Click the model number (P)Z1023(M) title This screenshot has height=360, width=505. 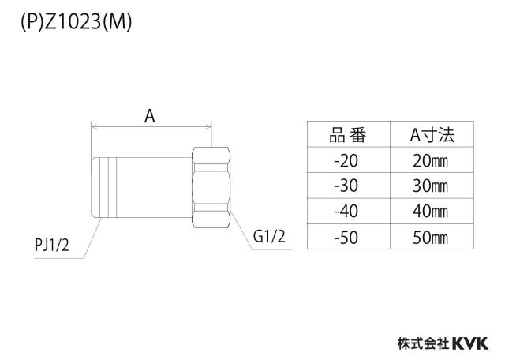[x=77, y=23]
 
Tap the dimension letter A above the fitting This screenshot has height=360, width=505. [x=149, y=116]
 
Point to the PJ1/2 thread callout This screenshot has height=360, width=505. [x=52, y=246]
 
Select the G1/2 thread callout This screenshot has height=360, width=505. [x=269, y=236]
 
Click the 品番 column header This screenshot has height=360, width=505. [x=348, y=135]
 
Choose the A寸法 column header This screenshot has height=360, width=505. [x=432, y=135]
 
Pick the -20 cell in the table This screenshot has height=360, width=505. [x=346, y=160]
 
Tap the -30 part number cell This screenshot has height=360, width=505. [x=346, y=186]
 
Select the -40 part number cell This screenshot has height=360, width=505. [x=346, y=212]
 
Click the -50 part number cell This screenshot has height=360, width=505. [x=346, y=238]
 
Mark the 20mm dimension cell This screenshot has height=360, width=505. [x=430, y=160]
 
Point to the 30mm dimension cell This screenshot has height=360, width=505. [x=430, y=186]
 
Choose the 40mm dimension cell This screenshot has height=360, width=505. [x=430, y=212]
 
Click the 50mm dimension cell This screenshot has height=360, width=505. [x=430, y=238]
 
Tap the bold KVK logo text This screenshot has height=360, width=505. [x=470, y=343]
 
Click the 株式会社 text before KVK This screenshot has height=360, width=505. [x=423, y=343]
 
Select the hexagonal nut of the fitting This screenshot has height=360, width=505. [x=211, y=188]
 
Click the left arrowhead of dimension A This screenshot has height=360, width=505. [x=93, y=127]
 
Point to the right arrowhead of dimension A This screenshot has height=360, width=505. [x=209, y=127]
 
